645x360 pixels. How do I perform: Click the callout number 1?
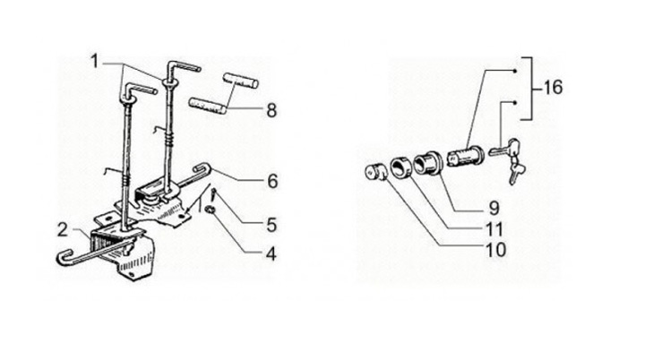(95, 62)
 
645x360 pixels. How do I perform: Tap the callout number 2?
(62, 230)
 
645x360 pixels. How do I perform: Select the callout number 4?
(271, 253)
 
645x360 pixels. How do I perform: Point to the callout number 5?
(271, 225)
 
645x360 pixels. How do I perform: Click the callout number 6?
(272, 181)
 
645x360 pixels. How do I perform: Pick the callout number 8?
(271, 111)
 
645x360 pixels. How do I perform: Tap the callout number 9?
(494, 208)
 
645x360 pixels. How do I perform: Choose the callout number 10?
(496, 250)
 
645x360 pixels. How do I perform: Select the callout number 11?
(494, 229)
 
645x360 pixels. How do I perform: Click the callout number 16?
(553, 88)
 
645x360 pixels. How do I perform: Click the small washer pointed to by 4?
(211, 210)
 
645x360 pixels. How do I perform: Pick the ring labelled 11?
(400, 167)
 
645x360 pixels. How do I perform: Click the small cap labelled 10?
(375, 172)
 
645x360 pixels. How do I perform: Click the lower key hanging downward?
(516, 173)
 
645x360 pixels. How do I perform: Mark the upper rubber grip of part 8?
(241, 81)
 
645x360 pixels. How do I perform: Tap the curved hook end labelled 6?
(202, 168)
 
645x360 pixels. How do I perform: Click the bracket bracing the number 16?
(530, 89)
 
